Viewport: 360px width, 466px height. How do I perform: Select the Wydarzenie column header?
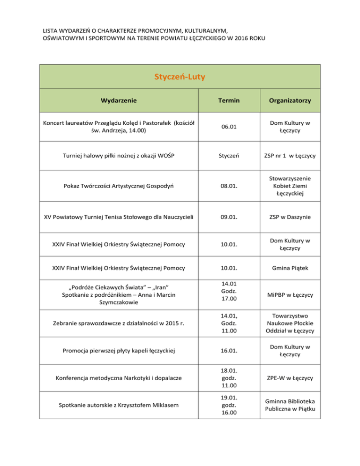119,100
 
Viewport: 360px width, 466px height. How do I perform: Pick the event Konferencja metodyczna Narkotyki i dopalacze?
119,377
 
